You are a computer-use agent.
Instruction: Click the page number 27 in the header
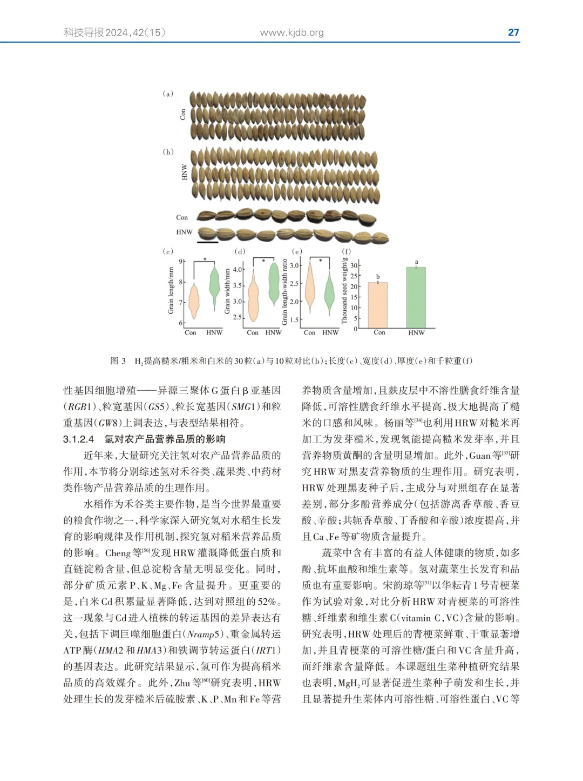tap(513, 32)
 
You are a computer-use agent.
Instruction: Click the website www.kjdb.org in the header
tap(292, 32)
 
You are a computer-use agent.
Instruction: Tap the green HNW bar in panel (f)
tap(416, 297)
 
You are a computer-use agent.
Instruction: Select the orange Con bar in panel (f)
tap(378, 305)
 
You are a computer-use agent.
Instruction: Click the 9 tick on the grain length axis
tap(181, 262)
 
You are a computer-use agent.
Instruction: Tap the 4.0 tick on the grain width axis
tap(238, 269)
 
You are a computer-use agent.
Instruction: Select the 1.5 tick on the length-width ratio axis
tap(294, 320)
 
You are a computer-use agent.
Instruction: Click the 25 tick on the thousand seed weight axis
tap(354, 276)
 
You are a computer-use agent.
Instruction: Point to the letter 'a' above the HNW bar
tap(416, 262)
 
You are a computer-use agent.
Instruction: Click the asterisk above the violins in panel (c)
tap(205, 260)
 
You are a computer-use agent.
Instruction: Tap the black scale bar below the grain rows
tap(208, 242)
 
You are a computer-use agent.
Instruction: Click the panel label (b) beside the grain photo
tap(168, 152)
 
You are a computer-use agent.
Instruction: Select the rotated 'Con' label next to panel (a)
tap(183, 115)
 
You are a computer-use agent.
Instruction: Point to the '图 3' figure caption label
tap(118, 361)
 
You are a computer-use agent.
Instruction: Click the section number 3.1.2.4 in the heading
tap(78, 439)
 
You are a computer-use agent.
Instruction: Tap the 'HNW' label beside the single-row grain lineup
tap(184, 232)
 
